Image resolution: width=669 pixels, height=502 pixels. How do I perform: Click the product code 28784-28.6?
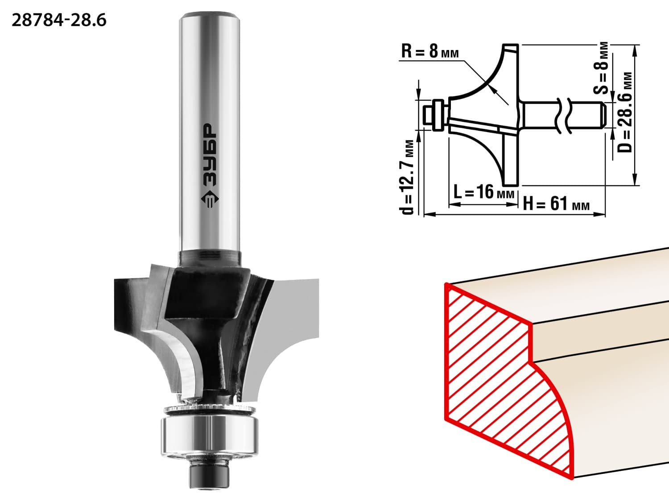[x=59, y=21]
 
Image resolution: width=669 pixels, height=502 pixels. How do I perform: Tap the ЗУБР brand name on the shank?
[x=210, y=154]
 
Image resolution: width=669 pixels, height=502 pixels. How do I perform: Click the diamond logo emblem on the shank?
[x=210, y=199]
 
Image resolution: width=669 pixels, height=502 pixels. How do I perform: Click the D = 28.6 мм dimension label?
[x=624, y=112]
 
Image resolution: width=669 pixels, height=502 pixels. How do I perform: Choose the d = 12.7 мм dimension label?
[x=407, y=177]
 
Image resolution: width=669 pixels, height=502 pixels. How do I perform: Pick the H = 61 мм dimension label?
[x=556, y=203]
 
